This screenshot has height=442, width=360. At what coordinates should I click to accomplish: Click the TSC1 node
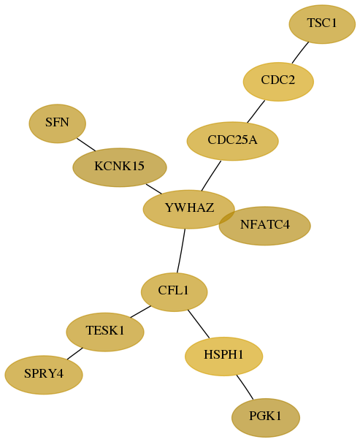pos(322,24)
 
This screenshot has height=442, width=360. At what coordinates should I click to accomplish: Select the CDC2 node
pos(278,82)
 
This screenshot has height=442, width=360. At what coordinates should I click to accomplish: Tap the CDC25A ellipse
pos(233,141)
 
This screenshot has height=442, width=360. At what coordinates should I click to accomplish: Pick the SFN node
pos(58,123)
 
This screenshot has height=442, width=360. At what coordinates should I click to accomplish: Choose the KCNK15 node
pos(120,167)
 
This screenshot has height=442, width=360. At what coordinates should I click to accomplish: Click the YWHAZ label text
pos(189,207)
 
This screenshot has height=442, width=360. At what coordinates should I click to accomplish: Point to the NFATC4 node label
pos(265,225)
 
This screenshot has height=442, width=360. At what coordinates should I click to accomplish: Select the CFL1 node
pos(174,292)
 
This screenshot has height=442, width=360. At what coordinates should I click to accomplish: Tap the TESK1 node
pos(105,332)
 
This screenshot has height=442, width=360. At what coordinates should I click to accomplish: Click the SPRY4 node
pos(44,375)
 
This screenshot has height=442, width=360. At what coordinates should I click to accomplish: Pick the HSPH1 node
pos(224,357)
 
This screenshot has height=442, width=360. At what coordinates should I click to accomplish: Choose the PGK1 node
pos(266,418)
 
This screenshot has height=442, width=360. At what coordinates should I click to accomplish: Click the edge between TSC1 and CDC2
pos(300,53)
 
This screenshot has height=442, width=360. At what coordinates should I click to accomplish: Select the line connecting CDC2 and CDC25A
pos(256,111)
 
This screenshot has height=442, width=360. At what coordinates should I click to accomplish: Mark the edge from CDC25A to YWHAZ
pos(211,176)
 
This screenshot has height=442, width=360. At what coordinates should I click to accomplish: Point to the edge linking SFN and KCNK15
pos(86,145)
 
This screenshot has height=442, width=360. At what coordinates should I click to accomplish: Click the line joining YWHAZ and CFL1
pos(181,251)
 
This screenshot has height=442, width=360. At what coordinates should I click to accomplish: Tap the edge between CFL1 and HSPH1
pos(199,324)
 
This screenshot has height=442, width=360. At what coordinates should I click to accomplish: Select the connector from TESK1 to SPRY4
pos(75,354)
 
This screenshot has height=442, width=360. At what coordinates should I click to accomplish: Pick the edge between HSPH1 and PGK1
pos(245,387)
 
